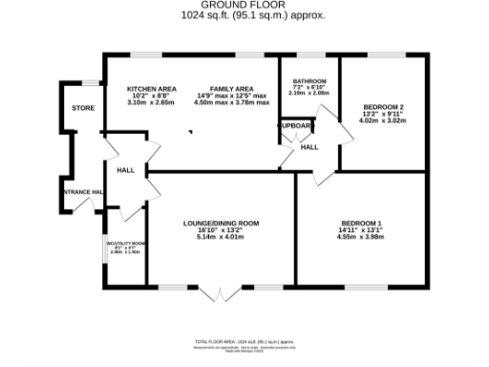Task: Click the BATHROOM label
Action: [x=309, y=80]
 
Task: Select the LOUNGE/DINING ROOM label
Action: [x=221, y=224]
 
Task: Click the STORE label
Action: [x=83, y=108]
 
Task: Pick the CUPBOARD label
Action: [x=295, y=125]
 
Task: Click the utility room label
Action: [x=125, y=244]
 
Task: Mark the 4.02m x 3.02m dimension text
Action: [x=381, y=120]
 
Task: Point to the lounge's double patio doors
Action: [x=221, y=293]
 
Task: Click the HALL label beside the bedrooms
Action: [x=309, y=147]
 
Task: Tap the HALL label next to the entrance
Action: [x=125, y=169]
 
